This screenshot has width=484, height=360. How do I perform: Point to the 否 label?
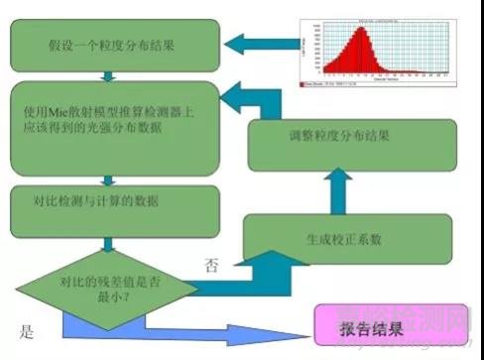tap(210, 265)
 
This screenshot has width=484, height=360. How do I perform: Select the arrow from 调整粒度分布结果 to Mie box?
tap(238, 99)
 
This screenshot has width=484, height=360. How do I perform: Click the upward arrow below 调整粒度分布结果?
tap(338, 189)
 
